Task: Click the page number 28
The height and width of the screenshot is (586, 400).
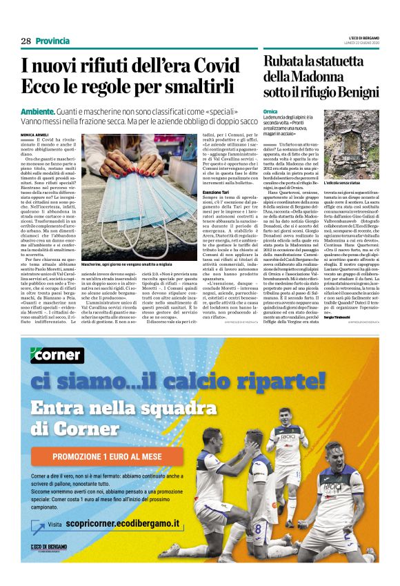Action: point(26,41)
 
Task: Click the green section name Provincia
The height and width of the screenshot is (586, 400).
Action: point(52,41)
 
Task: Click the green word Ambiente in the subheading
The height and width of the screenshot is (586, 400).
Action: point(38,111)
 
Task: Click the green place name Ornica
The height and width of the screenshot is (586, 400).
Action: point(271,111)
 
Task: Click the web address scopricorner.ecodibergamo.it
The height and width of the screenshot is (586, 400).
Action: point(128,524)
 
